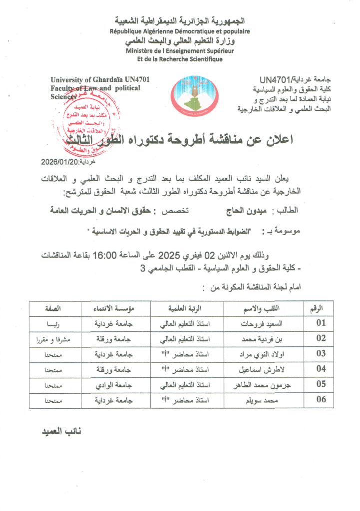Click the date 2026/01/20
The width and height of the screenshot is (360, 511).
pos(61,162)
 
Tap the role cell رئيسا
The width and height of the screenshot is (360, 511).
pos(52,323)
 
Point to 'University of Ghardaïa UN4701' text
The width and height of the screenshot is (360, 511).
pos(100,79)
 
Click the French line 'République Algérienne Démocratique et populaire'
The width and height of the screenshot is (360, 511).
pos(180,31)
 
